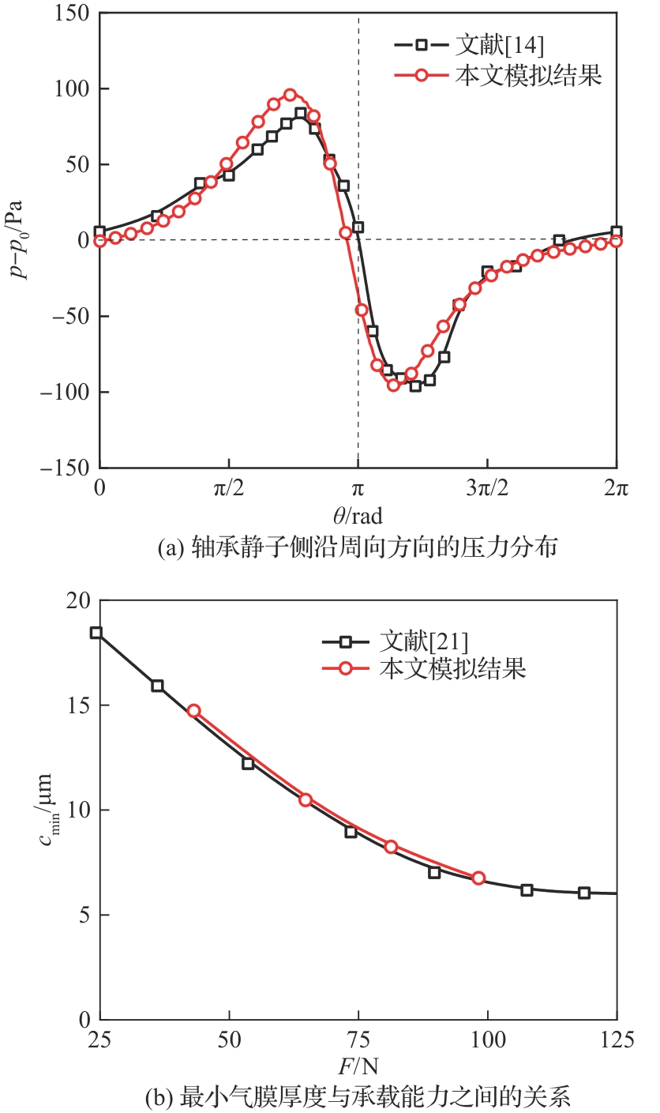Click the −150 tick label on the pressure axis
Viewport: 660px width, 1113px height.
click(x=67, y=468)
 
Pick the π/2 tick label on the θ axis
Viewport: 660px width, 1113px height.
click(x=229, y=490)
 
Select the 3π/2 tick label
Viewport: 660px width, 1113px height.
click(x=487, y=490)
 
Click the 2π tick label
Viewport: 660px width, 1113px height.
click(x=616, y=490)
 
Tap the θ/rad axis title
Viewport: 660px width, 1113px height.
click(x=357, y=517)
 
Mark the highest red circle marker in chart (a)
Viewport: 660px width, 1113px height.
click(x=290, y=95)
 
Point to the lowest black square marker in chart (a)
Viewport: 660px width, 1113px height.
click(x=415, y=386)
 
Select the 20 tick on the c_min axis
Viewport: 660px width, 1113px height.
click(x=79, y=601)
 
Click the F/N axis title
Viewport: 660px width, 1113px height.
click(x=357, y=1067)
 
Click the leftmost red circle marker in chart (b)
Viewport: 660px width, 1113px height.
click(x=193, y=711)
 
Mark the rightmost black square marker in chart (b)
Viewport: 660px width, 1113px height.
click(x=584, y=893)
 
